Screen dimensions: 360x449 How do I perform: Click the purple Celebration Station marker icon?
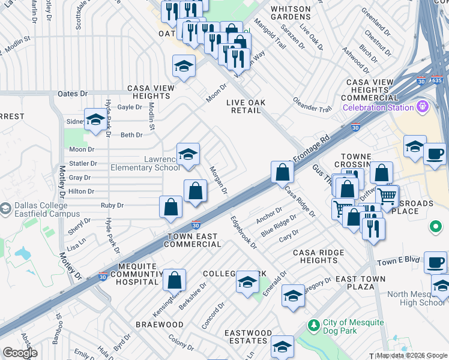[423, 107]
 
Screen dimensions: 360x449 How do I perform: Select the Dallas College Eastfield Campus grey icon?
[5, 209]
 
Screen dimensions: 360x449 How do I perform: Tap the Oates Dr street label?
[72, 94]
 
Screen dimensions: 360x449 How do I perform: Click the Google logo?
[20, 353]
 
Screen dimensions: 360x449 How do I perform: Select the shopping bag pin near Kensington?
[174, 280]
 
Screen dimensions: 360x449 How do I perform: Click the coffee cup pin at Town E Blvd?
[435, 262]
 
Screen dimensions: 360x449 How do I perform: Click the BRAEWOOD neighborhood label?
[159, 325]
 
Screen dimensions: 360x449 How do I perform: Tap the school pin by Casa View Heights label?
[184, 66]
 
